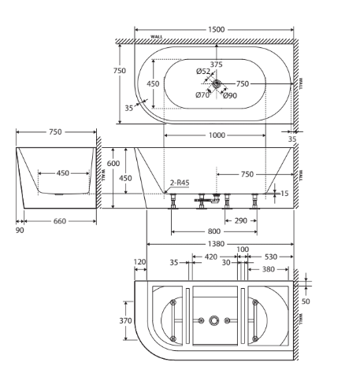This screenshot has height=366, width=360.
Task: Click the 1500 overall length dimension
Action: click(216, 29)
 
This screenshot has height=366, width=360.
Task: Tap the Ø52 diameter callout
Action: click(203, 71)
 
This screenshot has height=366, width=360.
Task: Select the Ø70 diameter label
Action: click(202, 95)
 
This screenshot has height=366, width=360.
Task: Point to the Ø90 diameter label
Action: click(230, 96)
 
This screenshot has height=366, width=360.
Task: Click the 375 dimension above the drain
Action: click(216, 65)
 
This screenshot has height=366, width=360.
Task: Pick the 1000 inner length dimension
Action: click(217, 135)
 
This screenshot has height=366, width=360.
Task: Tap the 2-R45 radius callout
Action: click(180, 183)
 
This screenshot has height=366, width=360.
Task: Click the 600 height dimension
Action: click(113, 163)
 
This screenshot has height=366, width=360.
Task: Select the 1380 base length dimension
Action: click(216, 244)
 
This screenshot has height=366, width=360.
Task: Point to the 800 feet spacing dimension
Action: click(214, 231)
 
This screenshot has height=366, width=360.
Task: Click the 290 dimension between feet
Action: click(241, 220)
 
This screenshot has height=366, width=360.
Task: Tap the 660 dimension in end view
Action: click(60, 221)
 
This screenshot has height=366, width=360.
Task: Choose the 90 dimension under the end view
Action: click(20, 230)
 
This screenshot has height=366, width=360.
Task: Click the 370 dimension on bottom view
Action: click(125, 320)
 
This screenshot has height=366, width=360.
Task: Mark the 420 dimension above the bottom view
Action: click(211, 257)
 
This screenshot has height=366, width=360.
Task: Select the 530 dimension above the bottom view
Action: click(271, 257)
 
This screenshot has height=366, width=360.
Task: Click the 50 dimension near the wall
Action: click(306, 301)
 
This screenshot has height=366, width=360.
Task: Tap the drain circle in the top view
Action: click(217, 83)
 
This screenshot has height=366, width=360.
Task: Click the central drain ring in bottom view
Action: click(214, 320)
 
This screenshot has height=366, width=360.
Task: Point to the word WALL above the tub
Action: click(157, 37)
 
